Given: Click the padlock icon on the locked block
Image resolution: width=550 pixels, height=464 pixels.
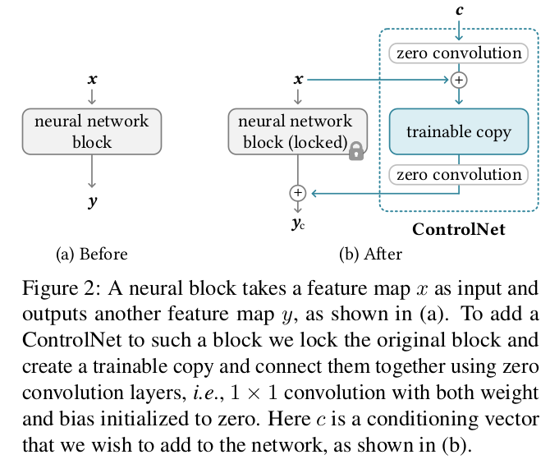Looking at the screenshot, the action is pyautogui.click(x=356, y=151).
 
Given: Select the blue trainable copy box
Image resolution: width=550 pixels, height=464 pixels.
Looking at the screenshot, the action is pyautogui.click(x=459, y=131).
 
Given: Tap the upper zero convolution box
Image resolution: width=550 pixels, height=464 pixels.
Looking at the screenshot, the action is pyautogui.click(x=459, y=53).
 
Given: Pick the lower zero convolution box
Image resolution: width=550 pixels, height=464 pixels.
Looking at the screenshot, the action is pyautogui.click(x=459, y=174).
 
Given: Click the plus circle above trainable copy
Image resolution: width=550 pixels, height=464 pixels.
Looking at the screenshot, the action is pyautogui.click(x=459, y=80).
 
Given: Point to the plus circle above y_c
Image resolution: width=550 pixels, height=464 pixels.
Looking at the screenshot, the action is pyautogui.click(x=298, y=193).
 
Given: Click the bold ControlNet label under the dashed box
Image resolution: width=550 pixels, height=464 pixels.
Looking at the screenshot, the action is pyautogui.click(x=459, y=230).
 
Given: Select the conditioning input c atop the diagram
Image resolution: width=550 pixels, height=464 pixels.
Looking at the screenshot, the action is pyautogui.click(x=459, y=10).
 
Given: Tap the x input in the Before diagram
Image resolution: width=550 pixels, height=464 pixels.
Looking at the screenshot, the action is pyautogui.click(x=92, y=80).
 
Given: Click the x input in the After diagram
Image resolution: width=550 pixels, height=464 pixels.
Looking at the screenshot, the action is pyautogui.click(x=298, y=80).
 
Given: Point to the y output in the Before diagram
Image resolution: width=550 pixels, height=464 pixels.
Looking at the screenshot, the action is pyautogui.click(x=92, y=201).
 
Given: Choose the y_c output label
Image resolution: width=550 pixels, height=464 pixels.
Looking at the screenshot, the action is pyautogui.click(x=298, y=224).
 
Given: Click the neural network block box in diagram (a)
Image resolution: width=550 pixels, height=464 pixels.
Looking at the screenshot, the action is pyautogui.click(x=92, y=131).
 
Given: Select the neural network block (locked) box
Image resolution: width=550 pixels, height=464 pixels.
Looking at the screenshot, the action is pyautogui.click(x=298, y=131).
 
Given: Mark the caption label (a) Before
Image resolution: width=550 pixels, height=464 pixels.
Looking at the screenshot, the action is pyautogui.click(x=92, y=254).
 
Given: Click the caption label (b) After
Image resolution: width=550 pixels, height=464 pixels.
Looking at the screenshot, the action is pyautogui.click(x=371, y=254).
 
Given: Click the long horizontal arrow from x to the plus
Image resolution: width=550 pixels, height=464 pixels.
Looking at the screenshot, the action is pyautogui.click(x=378, y=80).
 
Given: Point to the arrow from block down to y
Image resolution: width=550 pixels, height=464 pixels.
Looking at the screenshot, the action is pyautogui.click(x=92, y=172).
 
